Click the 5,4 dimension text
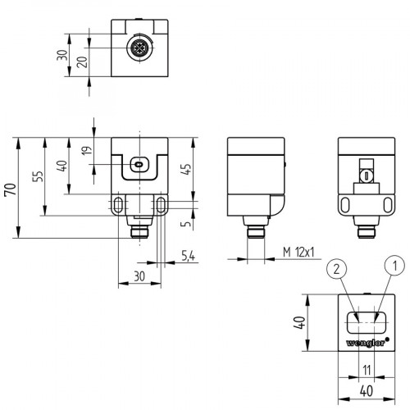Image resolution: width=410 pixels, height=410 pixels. pos(187,258)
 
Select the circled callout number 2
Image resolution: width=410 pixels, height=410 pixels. pos(334,266)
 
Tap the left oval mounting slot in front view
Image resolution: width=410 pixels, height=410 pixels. pos(120,203)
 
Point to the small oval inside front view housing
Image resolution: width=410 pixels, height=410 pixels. pos(139,166)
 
